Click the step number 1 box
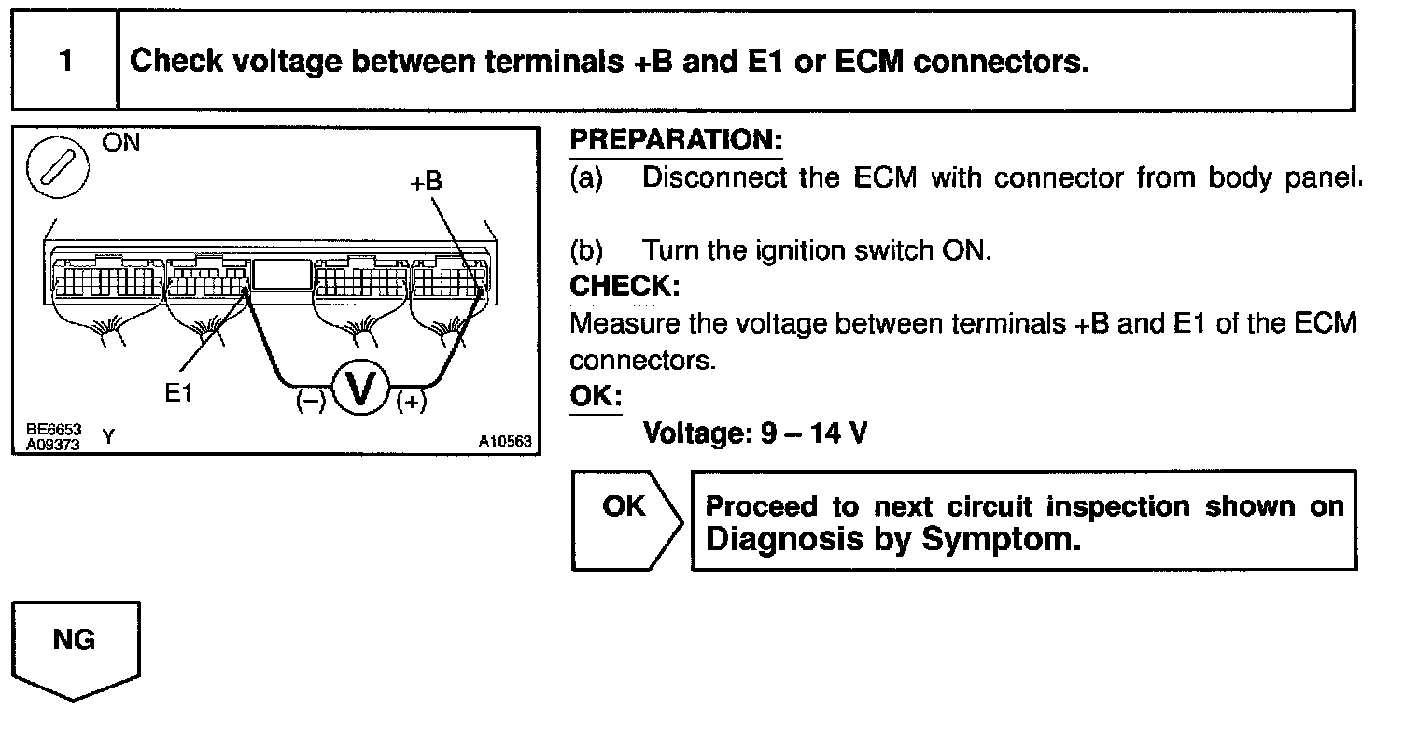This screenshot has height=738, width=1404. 64,62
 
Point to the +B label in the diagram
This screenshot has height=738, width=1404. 426,181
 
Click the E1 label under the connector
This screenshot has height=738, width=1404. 178,393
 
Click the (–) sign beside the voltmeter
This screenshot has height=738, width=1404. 310,402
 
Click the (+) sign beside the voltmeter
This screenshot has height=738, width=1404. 411,402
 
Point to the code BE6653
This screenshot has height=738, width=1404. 53,429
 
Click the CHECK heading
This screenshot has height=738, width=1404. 625,286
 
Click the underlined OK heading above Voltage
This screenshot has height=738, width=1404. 594,395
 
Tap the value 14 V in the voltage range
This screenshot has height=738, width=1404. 838,434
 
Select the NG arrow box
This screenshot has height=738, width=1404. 75,649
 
